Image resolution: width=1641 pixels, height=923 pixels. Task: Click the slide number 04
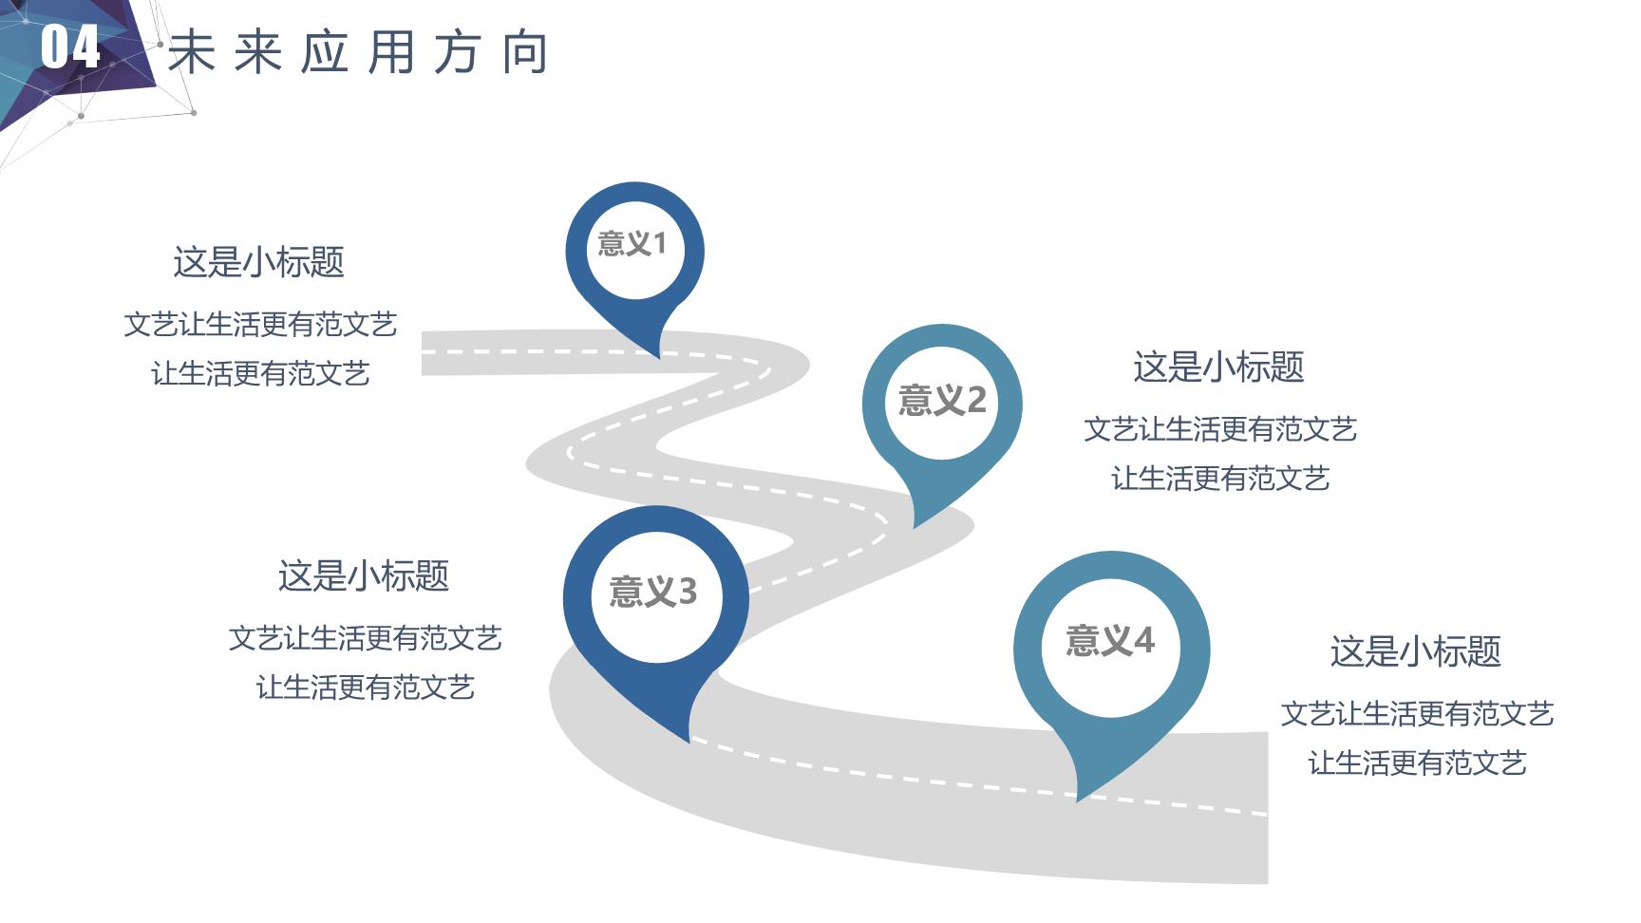tap(70, 47)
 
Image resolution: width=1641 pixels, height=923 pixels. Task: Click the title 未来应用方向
tap(359, 52)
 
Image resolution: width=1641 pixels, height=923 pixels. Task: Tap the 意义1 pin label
tap(632, 244)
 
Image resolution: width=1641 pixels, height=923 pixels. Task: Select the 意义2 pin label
tap(942, 400)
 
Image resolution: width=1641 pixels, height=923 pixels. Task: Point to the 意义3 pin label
tap(653, 592)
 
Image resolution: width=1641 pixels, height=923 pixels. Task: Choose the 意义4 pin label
tap(1110, 640)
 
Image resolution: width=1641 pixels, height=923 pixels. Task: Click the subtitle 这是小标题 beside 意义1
tap(258, 262)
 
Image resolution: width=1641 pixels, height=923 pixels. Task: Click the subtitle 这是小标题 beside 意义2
tap(1218, 367)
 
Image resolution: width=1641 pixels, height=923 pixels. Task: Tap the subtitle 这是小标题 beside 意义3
tap(364, 575)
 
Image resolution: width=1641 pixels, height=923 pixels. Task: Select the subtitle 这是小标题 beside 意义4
tap(1415, 651)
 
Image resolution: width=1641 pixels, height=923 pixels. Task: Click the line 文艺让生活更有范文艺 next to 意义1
tap(260, 325)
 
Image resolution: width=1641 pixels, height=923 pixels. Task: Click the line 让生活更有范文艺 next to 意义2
tap(1220, 478)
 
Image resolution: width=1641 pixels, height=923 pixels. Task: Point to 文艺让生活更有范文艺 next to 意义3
tap(365, 637)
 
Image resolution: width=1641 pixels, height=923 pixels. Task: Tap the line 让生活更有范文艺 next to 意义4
tap(1417, 763)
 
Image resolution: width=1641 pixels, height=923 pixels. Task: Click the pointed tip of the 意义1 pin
tap(659, 358)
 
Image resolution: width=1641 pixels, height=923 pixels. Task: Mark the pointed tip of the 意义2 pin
tap(914, 528)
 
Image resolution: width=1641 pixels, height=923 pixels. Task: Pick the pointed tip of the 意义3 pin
tap(689, 742)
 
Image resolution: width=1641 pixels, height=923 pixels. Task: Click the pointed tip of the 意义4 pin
tap(1078, 801)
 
